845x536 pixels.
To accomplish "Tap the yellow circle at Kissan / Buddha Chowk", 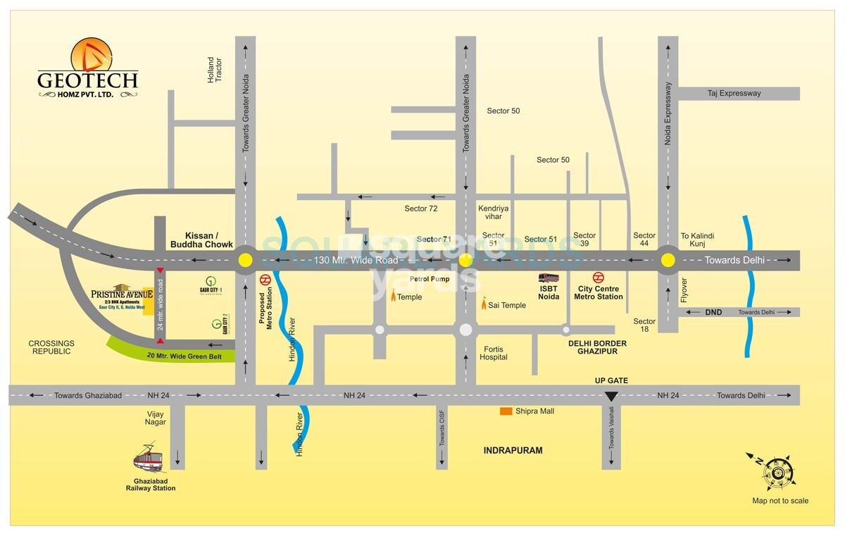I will click(245, 260).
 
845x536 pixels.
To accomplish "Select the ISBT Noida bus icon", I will click(549, 278).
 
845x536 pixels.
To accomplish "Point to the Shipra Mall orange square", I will click(506, 411).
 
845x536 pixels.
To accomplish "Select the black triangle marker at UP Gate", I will click(611, 396).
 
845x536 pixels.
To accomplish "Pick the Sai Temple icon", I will click(484, 304).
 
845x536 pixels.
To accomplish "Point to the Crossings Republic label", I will click(51, 347).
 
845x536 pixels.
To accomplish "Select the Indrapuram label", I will click(513, 450).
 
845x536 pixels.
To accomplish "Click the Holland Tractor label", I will click(214, 70).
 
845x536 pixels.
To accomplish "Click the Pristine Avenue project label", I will click(122, 294).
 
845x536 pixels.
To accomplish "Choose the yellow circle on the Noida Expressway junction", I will click(668, 261).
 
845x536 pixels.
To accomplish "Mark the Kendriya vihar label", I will click(493, 213).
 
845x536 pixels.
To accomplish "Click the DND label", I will click(713, 312).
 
